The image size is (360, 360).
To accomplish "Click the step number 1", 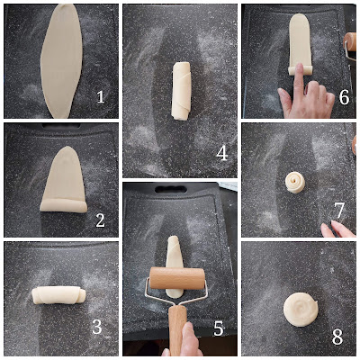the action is [x=101, y=96].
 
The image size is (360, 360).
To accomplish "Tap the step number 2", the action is [x=100, y=220].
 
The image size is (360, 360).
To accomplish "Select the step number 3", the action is [x=97, y=327].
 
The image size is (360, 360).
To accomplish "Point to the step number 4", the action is [x=222, y=153].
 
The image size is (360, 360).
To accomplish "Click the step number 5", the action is [x=219, y=328].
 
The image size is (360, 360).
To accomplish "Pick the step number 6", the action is [x=344, y=96].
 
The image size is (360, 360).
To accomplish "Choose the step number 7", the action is [x=339, y=211].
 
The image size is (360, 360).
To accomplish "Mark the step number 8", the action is [x=337, y=337].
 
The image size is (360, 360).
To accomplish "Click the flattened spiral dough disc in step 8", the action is [x=301, y=310].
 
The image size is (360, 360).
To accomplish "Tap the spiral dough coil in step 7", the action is [x=295, y=183].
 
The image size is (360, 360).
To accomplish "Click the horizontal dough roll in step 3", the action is [x=58, y=295].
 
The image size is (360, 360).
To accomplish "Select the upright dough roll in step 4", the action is [x=181, y=91].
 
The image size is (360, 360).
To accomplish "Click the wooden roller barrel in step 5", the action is [x=177, y=278].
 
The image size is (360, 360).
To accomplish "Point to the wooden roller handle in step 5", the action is [x=177, y=329].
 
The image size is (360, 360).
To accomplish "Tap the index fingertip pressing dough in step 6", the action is [x=299, y=67].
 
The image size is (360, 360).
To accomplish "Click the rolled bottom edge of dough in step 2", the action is [x=64, y=205].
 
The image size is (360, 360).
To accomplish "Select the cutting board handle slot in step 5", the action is [x=171, y=189].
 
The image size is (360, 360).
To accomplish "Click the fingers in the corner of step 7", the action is [x=337, y=229].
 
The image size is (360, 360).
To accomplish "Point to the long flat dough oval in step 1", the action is [x=61, y=61].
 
